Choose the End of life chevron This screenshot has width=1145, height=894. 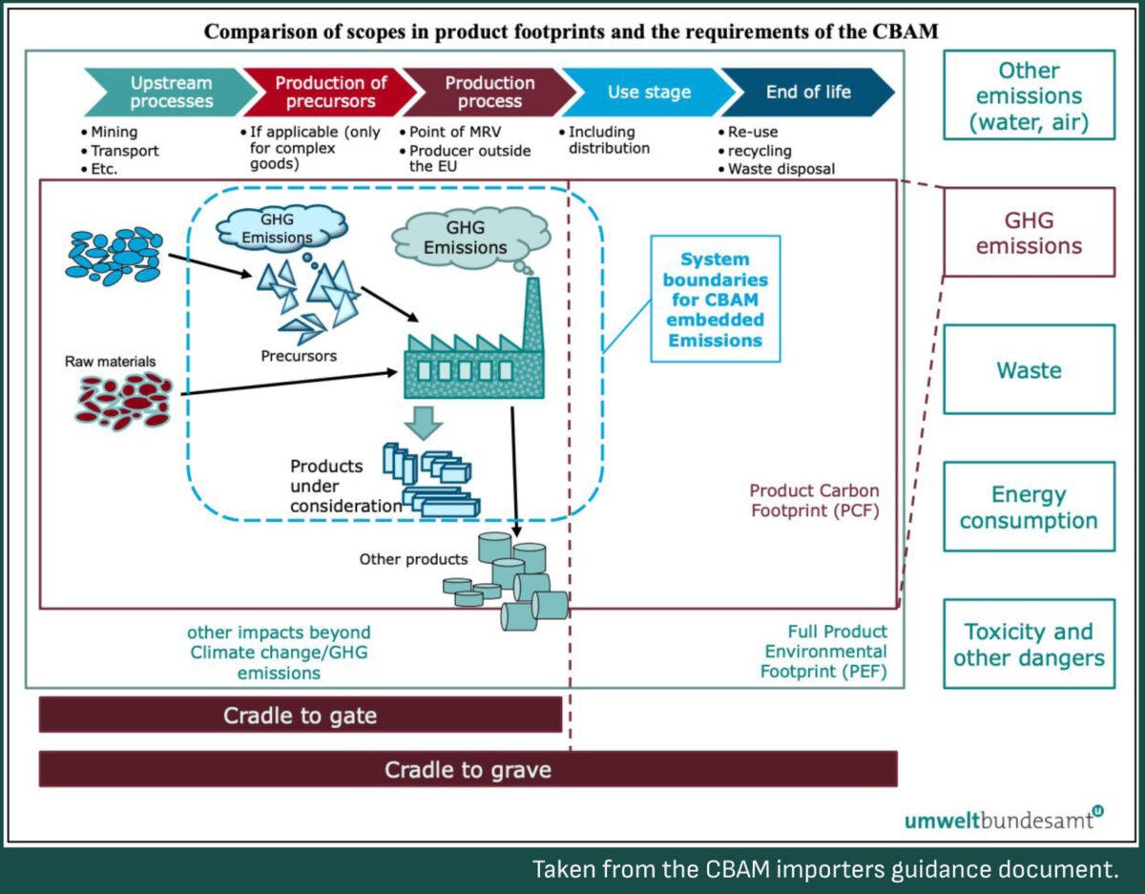[x=807, y=93]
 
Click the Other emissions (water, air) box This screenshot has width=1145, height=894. [x=1029, y=96]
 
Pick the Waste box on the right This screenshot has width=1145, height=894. [x=1029, y=369]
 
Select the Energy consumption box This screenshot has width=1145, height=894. [x=1029, y=507]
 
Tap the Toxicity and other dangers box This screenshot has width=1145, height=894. [x=1029, y=644]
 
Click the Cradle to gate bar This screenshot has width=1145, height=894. [x=300, y=715]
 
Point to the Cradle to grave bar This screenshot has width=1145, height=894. [x=468, y=769]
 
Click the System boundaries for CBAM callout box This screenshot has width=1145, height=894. [x=715, y=299]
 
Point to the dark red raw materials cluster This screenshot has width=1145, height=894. [x=120, y=401]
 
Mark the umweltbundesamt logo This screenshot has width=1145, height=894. [x=1003, y=820]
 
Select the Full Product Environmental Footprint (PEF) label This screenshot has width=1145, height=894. [x=823, y=652]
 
